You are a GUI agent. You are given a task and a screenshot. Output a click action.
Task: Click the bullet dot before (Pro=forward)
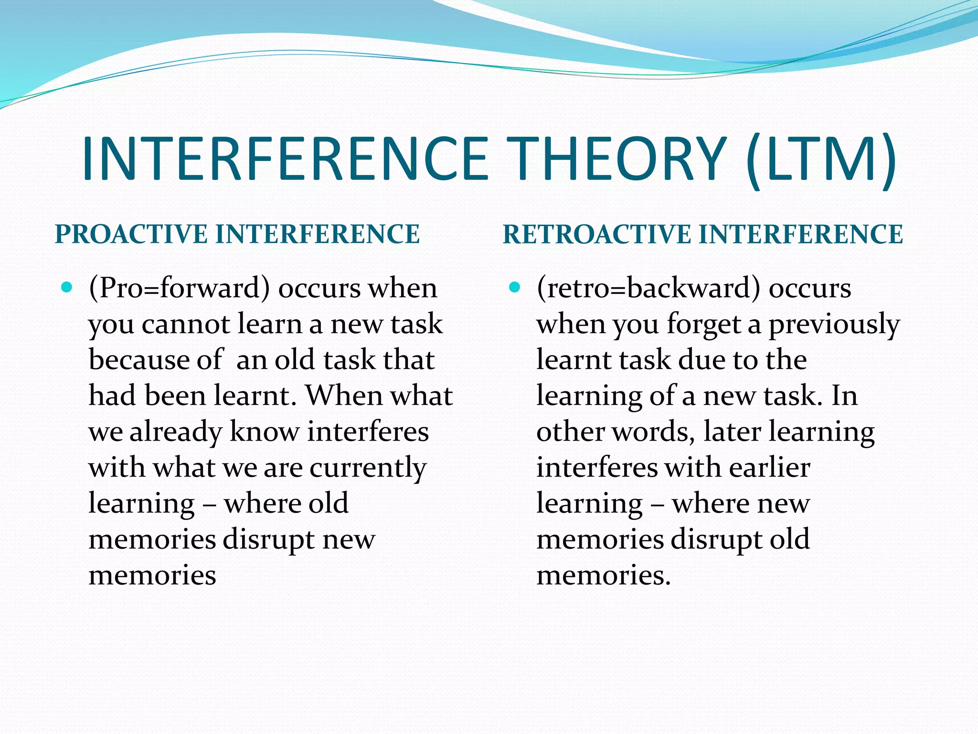pos(67,287)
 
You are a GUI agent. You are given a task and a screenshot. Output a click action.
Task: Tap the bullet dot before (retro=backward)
pos(514,287)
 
